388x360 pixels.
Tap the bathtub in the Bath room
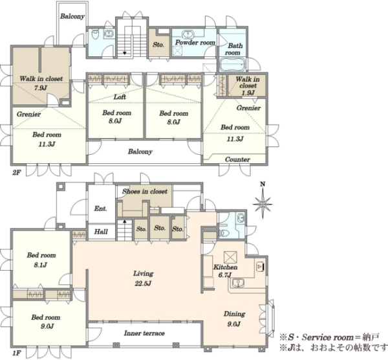[x=232, y=65]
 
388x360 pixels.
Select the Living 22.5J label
[x=144, y=278]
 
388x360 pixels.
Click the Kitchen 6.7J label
[x=225, y=271]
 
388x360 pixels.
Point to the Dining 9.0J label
[x=234, y=319]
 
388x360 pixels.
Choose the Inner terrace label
[x=144, y=333]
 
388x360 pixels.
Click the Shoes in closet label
[x=145, y=191]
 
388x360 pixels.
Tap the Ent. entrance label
[x=100, y=208]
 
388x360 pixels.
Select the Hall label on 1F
[x=101, y=232]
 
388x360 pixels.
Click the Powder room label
[x=195, y=43]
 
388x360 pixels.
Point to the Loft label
[x=120, y=97]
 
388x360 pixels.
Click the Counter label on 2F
[x=237, y=159]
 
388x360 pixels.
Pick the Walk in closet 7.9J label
[x=41, y=83]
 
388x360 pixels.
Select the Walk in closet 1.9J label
[x=248, y=85]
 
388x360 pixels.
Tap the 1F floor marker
[x=16, y=353]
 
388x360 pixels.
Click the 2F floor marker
[x=16, y=172]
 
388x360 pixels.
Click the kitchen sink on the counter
[x=238, y=283]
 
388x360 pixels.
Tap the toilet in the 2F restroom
[x=95, y=34]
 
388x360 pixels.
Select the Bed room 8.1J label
[x=41, y=260]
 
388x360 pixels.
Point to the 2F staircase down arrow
[x=124, y=53]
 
